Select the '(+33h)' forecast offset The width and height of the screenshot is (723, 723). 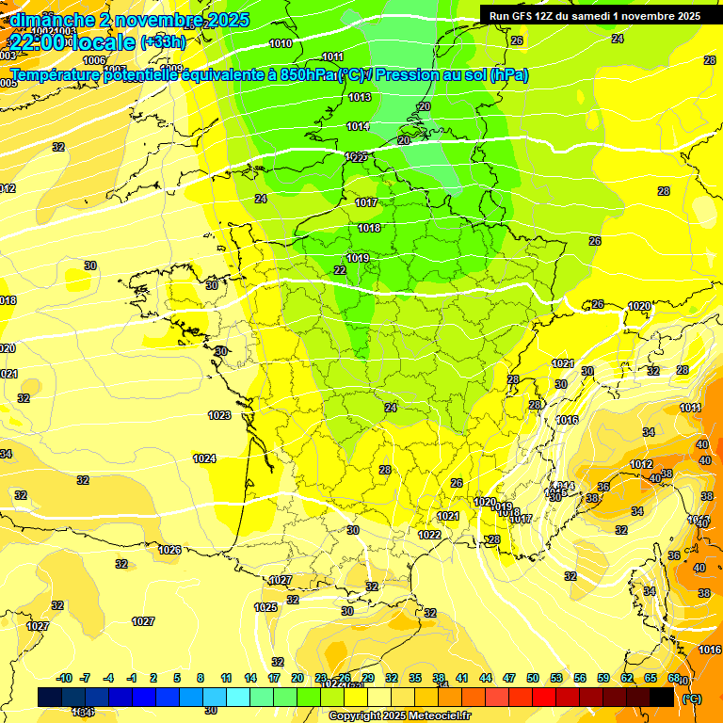point(163,42)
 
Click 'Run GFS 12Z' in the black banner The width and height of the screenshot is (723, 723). point(525,16)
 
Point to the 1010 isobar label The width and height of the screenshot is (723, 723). point(280,43)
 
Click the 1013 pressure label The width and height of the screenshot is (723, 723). point(359,97)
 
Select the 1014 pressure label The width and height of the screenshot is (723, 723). point(357,126)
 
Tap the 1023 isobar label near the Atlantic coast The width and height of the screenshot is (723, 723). point(219,415)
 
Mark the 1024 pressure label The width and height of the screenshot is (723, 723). point(204,458)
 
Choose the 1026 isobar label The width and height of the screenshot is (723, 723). point(169,550)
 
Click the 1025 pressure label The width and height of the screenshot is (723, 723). point(266,607)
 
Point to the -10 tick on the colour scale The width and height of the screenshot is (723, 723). point(64,678)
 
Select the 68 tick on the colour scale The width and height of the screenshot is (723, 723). point(673,678)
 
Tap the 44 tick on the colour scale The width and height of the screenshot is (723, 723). point(486,678)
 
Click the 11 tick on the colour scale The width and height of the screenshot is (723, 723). point(226,678)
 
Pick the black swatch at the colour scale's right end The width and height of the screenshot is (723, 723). point(661,697)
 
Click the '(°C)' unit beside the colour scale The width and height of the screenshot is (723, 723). point(692,699)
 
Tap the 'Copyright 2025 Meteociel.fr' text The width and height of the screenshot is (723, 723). point(398,715)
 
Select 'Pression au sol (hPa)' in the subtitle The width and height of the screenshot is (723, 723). point(452,74)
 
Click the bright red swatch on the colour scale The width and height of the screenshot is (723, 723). point(544,697)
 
